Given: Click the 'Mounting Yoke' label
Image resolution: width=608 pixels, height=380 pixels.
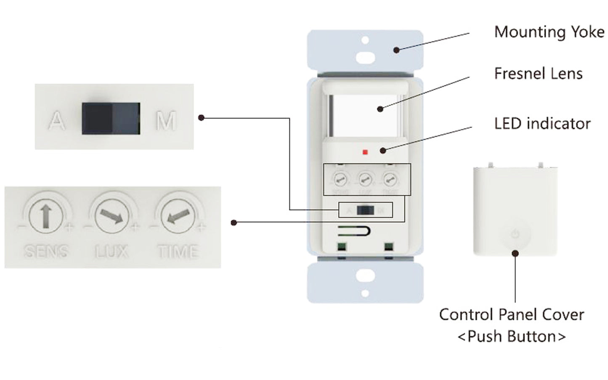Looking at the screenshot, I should [x=549, y=32].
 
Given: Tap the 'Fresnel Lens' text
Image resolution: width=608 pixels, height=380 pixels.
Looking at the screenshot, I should [x=538, y=74].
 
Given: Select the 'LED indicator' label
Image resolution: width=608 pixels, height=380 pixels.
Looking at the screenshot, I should [x=542, y=124].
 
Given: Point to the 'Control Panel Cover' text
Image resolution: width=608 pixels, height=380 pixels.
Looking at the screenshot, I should [x=511, y=315].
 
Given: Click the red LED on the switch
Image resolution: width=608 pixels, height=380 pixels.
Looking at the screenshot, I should [x=365, y=152].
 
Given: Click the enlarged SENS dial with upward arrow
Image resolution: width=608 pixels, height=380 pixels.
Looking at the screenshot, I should [x=46, y=217].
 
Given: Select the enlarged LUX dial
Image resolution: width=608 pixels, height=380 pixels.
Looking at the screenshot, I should [x=112, y=217].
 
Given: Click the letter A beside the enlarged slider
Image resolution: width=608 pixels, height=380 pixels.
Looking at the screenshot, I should [x=57, y=121].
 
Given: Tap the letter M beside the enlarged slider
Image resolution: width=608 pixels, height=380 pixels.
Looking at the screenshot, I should [x=166, y=121].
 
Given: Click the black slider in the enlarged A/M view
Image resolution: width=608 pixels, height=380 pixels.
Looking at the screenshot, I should [x=111, y=118].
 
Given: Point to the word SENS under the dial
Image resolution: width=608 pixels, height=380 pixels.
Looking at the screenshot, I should [x=46, y=252].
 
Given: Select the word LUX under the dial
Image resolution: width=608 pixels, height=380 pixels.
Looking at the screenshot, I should [x=112, y=252].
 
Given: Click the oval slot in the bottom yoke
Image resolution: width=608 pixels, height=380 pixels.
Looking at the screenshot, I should [x=365, y=276].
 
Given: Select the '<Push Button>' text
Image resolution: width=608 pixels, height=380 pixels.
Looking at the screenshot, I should [x=511, y=337].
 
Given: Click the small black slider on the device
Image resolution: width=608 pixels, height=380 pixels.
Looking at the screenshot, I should [x=365, y=210].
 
